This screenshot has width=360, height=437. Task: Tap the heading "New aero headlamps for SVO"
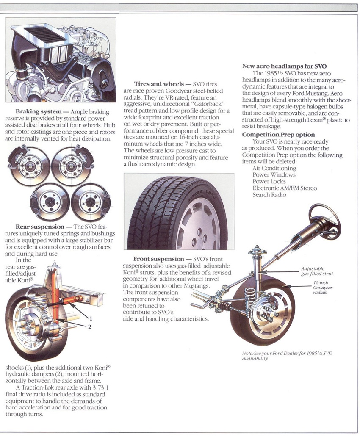pyautogui.click(x=284, y=66)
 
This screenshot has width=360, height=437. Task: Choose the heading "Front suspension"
pyautogui.click(x=158, y=259)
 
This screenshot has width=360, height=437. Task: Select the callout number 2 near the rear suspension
pyautogui.click(x=90, y=326)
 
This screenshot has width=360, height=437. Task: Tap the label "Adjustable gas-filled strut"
pyautogui.click(x=314, y=271)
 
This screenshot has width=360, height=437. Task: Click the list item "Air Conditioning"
pyautogui.click(x=274, y=168)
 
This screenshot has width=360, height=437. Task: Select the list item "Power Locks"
pyautogui.click(x=269, y=181)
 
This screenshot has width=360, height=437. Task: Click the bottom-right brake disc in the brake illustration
pyautogui.click(x=90, y=200)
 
